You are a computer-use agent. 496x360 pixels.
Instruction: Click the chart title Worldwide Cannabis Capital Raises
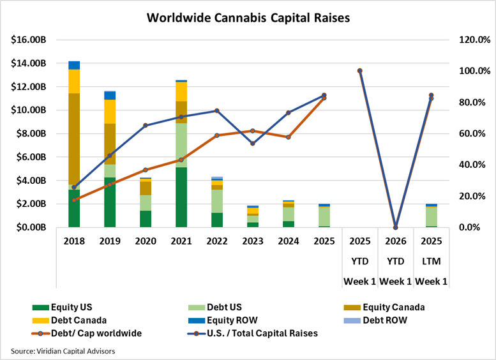pos(248,17)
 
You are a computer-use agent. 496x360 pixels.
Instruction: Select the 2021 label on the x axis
pos(181,241)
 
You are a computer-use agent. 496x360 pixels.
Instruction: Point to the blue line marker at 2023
pos(253,144)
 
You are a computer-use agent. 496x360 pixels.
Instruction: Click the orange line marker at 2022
pos(217,135)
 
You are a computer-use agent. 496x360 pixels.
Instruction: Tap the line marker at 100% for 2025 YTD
pos(359,71)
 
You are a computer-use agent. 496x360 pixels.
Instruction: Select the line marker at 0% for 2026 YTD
pos(395,227)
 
